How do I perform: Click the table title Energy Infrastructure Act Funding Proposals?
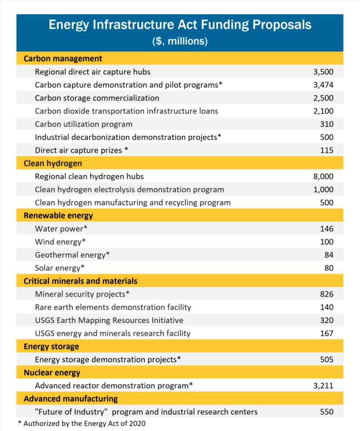pyautogui.click(x=180, y=25)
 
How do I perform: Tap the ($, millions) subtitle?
pyautogui.click(x=180, y=41)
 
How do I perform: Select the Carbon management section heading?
pyautogui.click(x=63, y=58)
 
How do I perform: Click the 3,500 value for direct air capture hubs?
pyautogui.click(x=323, y=72)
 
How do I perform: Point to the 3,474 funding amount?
pyautogui.click(x=323, y=85)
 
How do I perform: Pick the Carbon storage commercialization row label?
pyautogui.click(x=97, y=98)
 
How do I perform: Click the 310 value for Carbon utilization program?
pyautogui.click(x=327, y=124)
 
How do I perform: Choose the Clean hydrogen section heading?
pyautogui.click(x=53, y=163)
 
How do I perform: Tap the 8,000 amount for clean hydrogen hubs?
pyautogui.click(x=323, y=177)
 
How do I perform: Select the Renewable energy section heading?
pyautogui.click(x=58, y=216)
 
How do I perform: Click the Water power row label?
pyautogui.click(x=61, y=229)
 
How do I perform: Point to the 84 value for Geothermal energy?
pyautogui.click(x=329, y=255)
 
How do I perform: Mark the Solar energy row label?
pyautogui.click(x=60, y=268)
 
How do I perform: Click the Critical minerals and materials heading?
pyautogui.click(x=80, y=281)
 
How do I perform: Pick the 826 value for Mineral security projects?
pyautogui.click(x=327, y=294)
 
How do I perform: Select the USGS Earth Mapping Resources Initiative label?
pyautogui.click(x=109, y=320)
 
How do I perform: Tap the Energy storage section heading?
pyautogui.click(x=51, y=347)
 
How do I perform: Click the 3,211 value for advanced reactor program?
pyautogui.click(x=323, y=386)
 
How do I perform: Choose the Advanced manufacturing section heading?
pyautogui.click(x=71, y=399)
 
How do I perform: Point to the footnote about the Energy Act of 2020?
pyautogui.click(x=81, y=424)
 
